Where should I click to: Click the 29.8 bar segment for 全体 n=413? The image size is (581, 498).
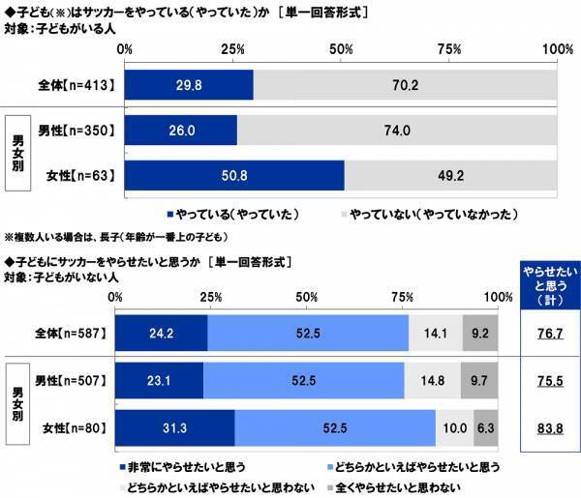[189, 85]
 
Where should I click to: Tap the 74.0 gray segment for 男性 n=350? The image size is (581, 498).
[397, 130]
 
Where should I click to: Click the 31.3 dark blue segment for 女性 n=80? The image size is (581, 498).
[174, 427]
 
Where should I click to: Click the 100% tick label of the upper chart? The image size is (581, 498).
[558, 48]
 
